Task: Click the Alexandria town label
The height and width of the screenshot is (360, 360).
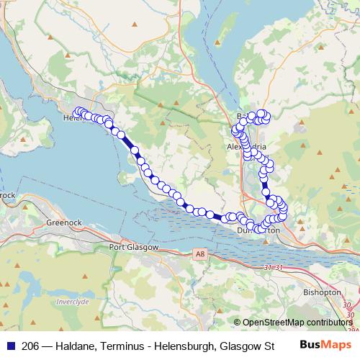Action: [x=247, y=145]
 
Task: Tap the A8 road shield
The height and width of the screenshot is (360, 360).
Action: [x=199, y=254]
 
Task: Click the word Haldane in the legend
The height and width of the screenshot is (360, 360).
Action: [x=68, y=345]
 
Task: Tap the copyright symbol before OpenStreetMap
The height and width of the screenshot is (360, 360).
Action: [x=238, y=323]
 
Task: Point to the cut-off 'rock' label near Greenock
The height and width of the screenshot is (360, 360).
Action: [x=7, y=194]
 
